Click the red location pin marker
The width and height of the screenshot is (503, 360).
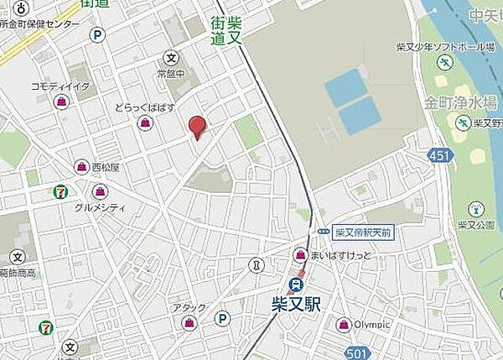coord(197,126)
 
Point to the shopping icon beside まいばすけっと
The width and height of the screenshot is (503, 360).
coord(299,254)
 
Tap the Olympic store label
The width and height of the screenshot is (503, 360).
coord(370,325)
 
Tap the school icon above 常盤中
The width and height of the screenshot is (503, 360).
coord(171,59)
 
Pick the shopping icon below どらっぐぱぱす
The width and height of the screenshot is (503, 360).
coord(146,123)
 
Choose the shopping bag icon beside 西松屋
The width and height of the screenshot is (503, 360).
coord(81,167)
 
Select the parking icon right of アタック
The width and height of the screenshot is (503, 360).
coord(222,318)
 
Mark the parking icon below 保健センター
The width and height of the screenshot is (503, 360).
coord(98,35)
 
